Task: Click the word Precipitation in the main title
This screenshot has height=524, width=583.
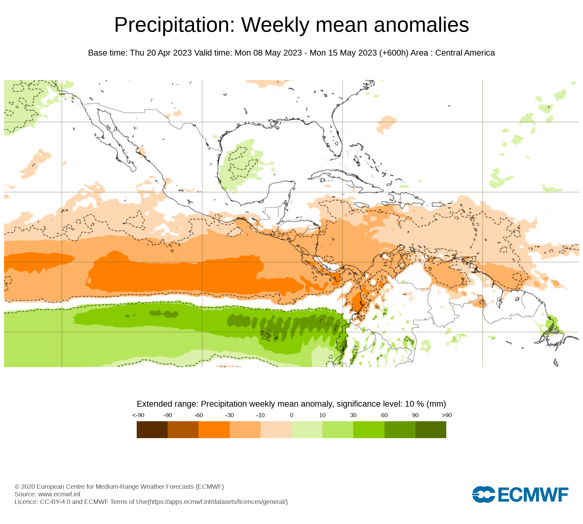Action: tap(174, 25)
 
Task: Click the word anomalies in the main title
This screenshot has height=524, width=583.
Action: tap(421, 25)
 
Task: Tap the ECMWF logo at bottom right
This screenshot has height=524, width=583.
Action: tap(520, 494)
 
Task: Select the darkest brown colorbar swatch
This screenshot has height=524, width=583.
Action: tap(152, 430)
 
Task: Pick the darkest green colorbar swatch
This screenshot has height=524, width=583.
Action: tap(431, 430)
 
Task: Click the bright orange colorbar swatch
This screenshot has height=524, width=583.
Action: tap(214, 430)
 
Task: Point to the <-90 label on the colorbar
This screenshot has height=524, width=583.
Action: tap(138, 415)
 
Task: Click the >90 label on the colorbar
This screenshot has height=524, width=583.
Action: tap(447, 415)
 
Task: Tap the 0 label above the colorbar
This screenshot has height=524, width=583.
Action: tap(291, 415)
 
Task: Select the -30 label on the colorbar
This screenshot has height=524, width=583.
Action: tap(229, 415)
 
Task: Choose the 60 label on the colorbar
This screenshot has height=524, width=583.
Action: tap(384, 415)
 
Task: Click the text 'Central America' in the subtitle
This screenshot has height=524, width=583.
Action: tap(465, 53)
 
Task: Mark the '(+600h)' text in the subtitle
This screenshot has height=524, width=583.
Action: tap(394, 53)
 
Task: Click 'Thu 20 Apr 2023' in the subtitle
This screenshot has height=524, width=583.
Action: tap(161, 53)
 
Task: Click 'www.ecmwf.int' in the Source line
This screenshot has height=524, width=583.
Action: tap(59, 494)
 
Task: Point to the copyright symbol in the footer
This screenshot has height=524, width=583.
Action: tap(17, 487)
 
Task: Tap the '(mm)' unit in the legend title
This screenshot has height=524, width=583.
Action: tap(436, 404)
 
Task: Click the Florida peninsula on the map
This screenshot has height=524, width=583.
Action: tap(335, 140)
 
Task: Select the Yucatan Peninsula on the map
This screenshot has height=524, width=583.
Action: tap(280, 192)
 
